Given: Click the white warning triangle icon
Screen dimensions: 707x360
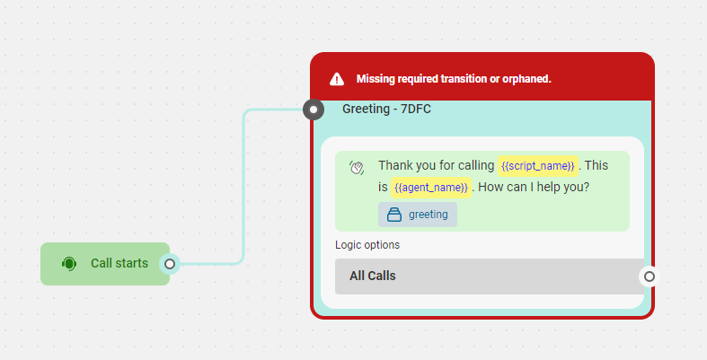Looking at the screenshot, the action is (337, 79).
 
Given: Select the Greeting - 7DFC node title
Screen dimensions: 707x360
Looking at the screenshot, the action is (386, 109).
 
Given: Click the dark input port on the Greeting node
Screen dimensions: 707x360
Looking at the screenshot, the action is (314, 110).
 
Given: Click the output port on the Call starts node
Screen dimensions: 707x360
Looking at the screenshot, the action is (170, 264).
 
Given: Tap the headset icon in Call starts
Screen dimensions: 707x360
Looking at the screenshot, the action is (69, 264).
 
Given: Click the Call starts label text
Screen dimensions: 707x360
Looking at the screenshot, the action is (119, 263).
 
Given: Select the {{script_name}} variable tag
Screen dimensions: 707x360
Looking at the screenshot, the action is (538, 166).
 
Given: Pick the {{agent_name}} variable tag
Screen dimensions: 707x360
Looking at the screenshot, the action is (431, 188).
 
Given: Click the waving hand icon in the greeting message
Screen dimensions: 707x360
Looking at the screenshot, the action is (357, 167).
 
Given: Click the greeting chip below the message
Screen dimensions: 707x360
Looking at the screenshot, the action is (418, 215).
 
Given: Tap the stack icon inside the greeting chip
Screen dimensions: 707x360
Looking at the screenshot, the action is (394, 215).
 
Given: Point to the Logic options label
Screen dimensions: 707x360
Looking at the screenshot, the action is (367, 245).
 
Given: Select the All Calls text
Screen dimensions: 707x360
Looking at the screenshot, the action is (373, 276).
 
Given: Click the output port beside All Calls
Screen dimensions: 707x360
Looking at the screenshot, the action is (650, 277).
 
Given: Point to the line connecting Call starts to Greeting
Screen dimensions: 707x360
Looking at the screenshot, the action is (244, 187).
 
